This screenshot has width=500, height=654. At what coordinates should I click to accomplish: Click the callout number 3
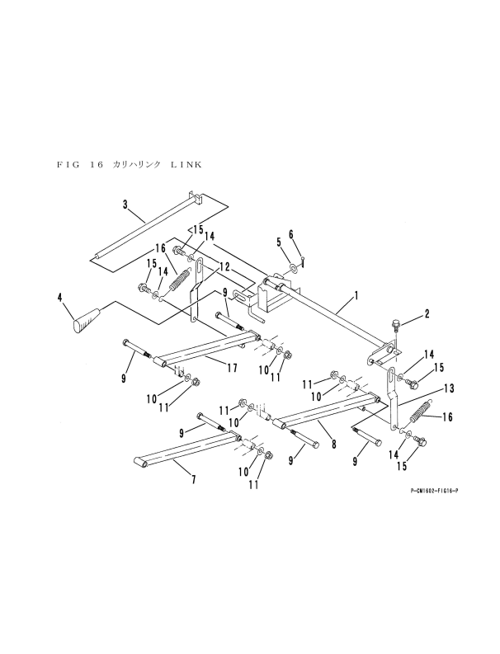pyautogui.click(x=125, y=203)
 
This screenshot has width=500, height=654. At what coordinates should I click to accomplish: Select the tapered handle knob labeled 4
pyautogui.click(x=87, y=320)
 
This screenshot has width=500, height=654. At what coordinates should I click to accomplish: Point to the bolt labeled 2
pyautogui.click(x=395, y=327)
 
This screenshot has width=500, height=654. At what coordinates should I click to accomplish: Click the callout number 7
pyautogui.click(x=193, y=479)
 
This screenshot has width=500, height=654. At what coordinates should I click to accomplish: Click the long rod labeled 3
pyautogui.click(x=149, y=224)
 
